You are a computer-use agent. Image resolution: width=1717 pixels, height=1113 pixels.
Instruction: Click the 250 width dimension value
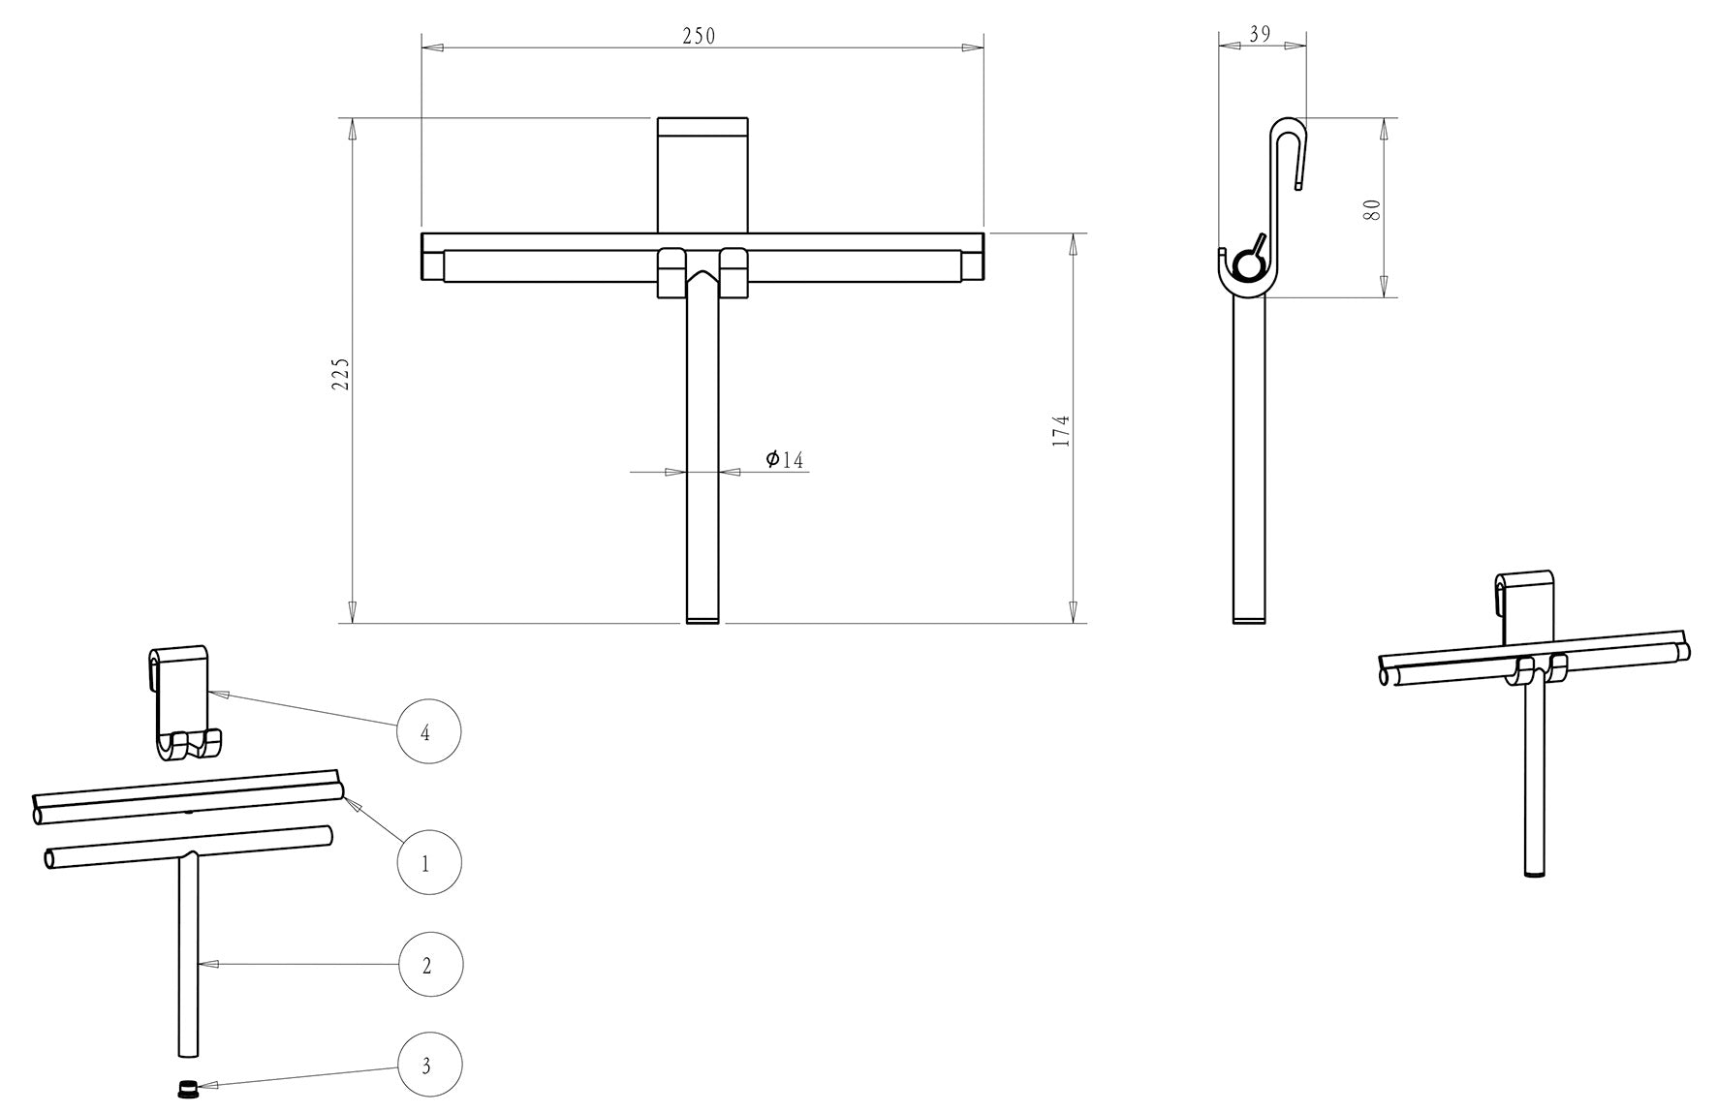699,36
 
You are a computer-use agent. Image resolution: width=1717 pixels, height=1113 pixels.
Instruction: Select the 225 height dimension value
341,374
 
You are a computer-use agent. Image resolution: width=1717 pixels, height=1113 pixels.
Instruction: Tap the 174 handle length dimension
1061,431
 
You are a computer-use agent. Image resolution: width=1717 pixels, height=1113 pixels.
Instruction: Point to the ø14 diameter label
785,459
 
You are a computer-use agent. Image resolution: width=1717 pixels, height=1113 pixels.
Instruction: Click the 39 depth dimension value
1260,34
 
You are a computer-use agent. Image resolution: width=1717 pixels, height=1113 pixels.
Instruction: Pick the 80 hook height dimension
1372,210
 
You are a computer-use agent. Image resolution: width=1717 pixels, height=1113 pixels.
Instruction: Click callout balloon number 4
429,732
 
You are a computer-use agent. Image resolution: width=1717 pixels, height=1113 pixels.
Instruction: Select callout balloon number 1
429,862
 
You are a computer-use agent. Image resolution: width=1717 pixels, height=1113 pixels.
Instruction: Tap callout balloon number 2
430,965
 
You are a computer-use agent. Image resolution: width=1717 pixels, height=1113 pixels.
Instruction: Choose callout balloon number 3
429,1066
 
